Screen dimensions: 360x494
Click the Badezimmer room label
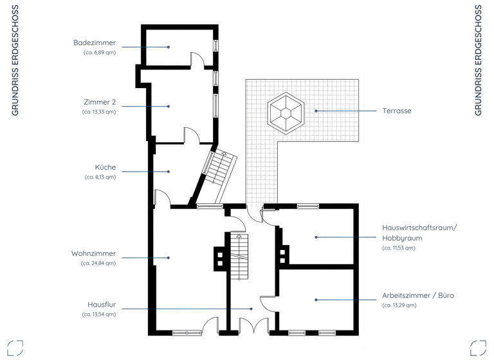95,43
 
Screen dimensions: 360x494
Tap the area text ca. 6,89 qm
100,53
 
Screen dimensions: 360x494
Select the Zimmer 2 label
100,102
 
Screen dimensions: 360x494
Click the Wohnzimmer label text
93,253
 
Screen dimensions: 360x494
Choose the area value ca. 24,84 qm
98,263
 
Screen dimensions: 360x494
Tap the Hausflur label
102,305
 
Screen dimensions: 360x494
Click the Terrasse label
396,111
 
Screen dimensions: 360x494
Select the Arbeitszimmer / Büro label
418,296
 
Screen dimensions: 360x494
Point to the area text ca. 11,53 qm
399,248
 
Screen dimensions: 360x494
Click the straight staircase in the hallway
239,256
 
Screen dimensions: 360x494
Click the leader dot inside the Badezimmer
169,47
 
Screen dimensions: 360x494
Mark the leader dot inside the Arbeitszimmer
316,300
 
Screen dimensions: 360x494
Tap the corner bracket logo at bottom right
478,348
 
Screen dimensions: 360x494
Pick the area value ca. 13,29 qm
399,305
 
